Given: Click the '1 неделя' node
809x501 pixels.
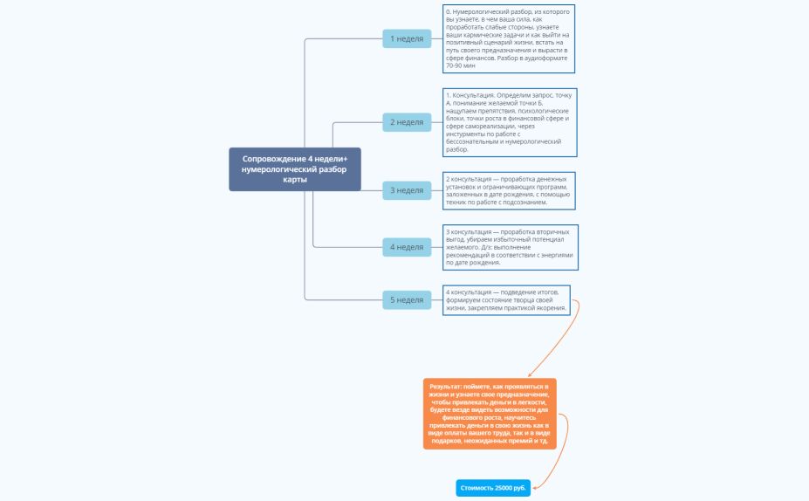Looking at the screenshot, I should (407, 38).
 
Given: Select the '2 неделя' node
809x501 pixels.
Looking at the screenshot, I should (407, 122).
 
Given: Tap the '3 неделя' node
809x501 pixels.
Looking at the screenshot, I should (407, 190).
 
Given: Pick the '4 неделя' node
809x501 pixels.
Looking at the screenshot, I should (407, 247).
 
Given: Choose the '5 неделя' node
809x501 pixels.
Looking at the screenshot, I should (407, 300).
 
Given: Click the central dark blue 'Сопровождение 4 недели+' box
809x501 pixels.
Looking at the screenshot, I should (295, 169).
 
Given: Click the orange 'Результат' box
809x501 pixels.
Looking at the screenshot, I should (490, 414).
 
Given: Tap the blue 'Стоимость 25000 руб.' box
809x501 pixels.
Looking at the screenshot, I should (493, 488).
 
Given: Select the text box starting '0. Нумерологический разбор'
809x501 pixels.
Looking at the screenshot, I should (509, 38).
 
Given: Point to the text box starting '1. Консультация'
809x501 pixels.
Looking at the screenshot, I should (509, 121).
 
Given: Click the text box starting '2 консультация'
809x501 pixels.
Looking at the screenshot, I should (509, 190).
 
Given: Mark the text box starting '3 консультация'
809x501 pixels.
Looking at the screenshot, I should (509, 247).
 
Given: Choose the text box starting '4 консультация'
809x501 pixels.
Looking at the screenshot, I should (507, 299).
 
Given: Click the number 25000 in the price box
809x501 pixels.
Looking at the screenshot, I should (504, 488).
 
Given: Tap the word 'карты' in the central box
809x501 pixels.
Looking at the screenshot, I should (295, 179).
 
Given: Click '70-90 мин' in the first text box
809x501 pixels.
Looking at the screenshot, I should (461, 65).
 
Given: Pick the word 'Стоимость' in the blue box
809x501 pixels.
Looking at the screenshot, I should (476, 488).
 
